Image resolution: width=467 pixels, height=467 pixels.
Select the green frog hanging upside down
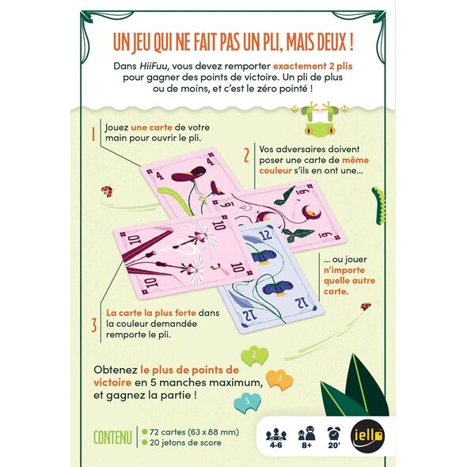pos(320,120)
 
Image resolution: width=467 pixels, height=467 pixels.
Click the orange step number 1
pos(93,134)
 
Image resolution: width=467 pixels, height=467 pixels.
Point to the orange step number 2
pos(246,155)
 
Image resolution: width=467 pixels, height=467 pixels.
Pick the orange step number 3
pos(94,325)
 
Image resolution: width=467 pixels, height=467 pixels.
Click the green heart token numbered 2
pos(254,355)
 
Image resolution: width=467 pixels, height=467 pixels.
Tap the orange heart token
pos(279,380)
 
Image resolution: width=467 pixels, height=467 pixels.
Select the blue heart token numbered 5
pos(247,403)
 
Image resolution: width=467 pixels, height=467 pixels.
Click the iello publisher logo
pos(367,436)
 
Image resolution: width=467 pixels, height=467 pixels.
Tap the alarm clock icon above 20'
pos(333,433)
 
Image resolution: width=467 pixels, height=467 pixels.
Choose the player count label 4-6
pos(275,446)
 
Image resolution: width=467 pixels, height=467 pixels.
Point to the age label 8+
pos(307,446)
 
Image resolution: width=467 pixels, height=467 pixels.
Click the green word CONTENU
pos(112,438)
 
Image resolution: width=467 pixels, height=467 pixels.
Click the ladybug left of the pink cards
pos(108,192)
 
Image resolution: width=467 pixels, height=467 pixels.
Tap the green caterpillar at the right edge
pos(378,205)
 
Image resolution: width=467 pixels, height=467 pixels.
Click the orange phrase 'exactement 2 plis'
pos(313,66)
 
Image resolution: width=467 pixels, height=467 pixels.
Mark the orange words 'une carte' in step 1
pos(152,127)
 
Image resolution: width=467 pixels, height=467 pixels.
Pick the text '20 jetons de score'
pos(185,442)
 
